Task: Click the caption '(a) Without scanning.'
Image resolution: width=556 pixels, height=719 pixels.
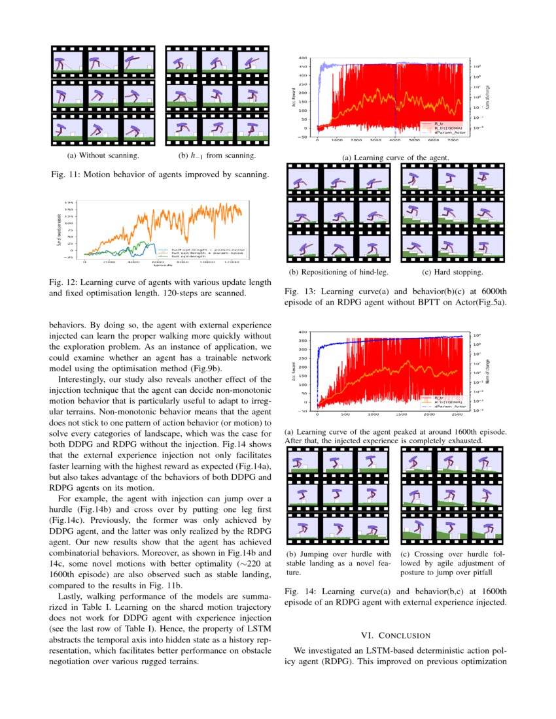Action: point(103,156)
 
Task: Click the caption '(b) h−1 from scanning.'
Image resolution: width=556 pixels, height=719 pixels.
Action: point(217,156)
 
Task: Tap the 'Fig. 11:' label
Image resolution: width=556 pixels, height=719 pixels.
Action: point(65,175)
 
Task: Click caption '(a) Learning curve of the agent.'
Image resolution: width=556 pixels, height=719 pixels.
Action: point(396,158)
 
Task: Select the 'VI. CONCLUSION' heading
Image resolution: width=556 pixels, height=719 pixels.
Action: point(396,635)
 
